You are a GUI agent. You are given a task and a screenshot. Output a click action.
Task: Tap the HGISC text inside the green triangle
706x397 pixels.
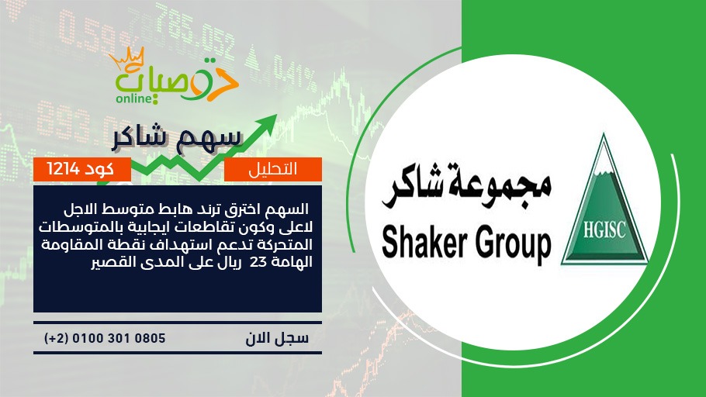(x=604, y=230)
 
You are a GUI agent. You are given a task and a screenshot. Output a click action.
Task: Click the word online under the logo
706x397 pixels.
(x=135, y=98)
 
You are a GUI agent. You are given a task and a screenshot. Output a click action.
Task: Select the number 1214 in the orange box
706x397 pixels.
(x=63, y=169)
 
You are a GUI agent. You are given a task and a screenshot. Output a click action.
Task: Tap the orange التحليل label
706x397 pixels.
(x=273, y=169)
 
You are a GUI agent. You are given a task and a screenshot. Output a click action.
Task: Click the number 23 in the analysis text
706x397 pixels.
(x=258, y=261)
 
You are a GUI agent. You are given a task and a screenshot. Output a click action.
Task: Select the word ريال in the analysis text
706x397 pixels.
(x=230, y=261)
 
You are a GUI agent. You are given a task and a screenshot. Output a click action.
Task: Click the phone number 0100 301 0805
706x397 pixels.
(x=119, y=338)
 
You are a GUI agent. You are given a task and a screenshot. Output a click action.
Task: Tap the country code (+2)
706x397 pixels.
(x=56, y=338)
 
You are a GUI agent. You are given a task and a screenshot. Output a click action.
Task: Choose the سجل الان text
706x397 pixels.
(x=277, y=338)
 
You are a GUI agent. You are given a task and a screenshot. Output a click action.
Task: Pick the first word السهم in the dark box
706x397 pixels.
(x=293, y=209)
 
